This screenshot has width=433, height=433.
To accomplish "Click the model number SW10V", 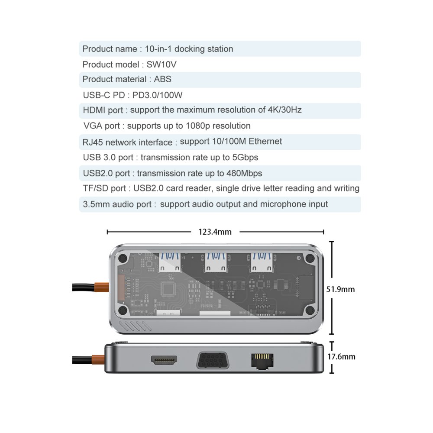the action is [161, 65].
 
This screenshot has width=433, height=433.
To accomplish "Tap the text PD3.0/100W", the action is [158, 95].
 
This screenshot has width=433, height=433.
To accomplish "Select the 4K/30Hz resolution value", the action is [284, 110].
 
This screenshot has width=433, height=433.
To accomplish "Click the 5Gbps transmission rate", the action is [245, 158].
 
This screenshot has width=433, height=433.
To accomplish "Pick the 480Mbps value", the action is [244, 174].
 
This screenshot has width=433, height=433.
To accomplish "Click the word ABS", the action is [162, 79].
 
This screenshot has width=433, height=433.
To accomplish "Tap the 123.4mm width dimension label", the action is [215, 232].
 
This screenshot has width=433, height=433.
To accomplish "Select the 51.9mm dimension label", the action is [340, 289].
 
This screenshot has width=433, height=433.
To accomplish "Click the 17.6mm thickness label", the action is [341, 357].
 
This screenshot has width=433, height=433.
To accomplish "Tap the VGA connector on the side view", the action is [213, 360].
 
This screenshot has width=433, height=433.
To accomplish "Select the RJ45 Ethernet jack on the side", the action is [262, 361].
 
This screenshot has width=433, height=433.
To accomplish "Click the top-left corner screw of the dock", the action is [123, 259].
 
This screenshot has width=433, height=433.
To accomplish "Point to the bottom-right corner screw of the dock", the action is [310, 310].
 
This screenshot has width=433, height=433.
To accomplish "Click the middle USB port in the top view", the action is [216, 263].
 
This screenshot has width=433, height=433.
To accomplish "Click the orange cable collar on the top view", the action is [101, 288].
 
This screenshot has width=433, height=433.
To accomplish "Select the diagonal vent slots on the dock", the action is [135, 326].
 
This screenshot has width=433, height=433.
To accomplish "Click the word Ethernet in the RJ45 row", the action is [265, 142].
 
